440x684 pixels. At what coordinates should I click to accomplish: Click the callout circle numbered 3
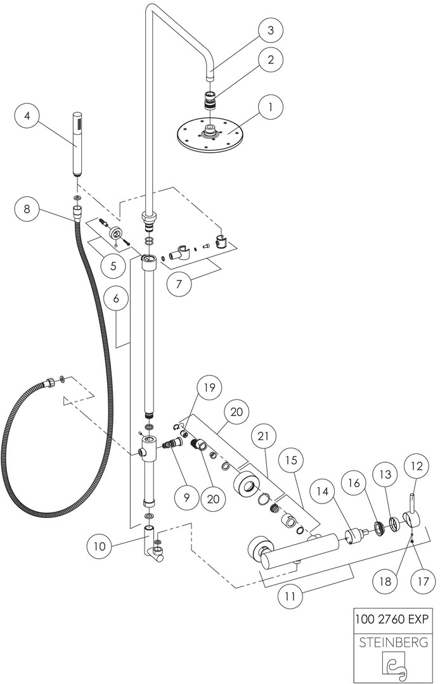(x=271, y=30)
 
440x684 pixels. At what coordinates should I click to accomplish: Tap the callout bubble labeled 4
(x=28, y=117)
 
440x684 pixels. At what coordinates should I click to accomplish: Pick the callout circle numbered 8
(x=27, y=209)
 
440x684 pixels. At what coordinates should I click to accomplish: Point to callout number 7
(x=179, y=284)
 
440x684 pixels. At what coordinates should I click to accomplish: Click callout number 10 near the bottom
(x=100, y=546)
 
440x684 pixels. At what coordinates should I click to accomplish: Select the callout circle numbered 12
(x=417, y=466)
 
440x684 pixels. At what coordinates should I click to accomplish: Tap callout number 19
(x=210, y=388)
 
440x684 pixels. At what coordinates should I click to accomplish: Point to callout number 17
(x=423, y=581)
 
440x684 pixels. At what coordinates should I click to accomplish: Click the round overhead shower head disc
(x=209, y=134)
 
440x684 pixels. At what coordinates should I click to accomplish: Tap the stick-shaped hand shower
(x=77, y=144)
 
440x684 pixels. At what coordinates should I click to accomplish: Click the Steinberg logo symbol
(x=394, y=666)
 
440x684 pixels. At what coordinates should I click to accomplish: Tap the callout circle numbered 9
(x=187, y=498)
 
